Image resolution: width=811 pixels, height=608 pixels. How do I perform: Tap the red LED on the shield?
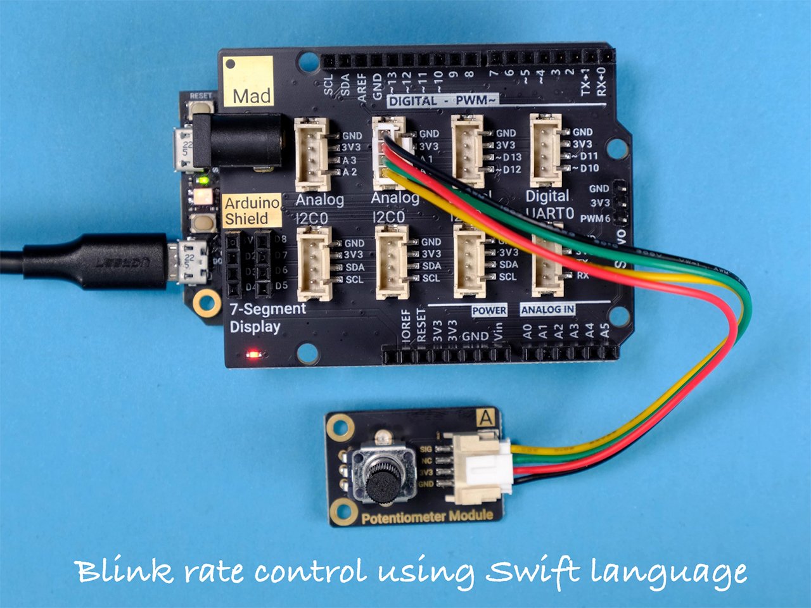(255, 354)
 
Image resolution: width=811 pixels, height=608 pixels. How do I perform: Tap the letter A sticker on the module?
(486, 419)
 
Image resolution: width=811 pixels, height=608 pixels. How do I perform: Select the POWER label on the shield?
(489, 310)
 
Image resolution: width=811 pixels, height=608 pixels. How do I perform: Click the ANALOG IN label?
(547, 310)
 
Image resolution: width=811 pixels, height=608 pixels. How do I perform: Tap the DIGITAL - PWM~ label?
(442, 101)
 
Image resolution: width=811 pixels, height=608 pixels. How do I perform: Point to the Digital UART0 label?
(549, 205)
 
